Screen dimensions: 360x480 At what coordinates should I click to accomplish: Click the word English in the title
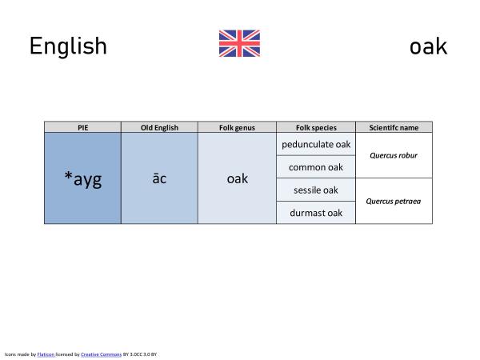[68, 46]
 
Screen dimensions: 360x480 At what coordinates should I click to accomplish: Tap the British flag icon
[239, 44]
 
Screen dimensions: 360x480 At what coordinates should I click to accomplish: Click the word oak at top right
[428, 46]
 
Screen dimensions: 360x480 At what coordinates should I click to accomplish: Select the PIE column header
[82, 127]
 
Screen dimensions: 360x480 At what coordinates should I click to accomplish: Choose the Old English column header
[159, 127]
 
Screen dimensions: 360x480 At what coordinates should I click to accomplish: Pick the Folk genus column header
[237, 127]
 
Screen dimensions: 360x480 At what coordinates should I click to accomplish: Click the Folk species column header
[316, 127]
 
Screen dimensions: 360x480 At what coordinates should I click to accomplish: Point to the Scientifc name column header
[394, 127]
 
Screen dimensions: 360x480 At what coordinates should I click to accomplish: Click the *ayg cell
[82, 178]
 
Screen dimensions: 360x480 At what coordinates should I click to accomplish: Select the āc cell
[159, 178]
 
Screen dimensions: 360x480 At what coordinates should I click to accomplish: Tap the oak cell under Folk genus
[237, 178]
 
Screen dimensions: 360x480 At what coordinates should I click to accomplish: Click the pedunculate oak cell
[316, 144]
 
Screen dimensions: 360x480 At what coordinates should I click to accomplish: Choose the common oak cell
[316, 167]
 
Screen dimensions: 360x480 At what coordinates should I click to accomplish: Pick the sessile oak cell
[316, 190]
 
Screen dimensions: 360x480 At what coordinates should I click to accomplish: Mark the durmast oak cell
[316, 213]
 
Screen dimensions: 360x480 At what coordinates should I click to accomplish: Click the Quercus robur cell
[394, 155]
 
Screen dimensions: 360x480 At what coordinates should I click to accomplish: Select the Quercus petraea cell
[394, 202]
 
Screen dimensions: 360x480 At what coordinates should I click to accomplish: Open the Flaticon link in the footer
[46, 353]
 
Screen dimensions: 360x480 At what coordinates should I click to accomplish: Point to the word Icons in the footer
[10, 353]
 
